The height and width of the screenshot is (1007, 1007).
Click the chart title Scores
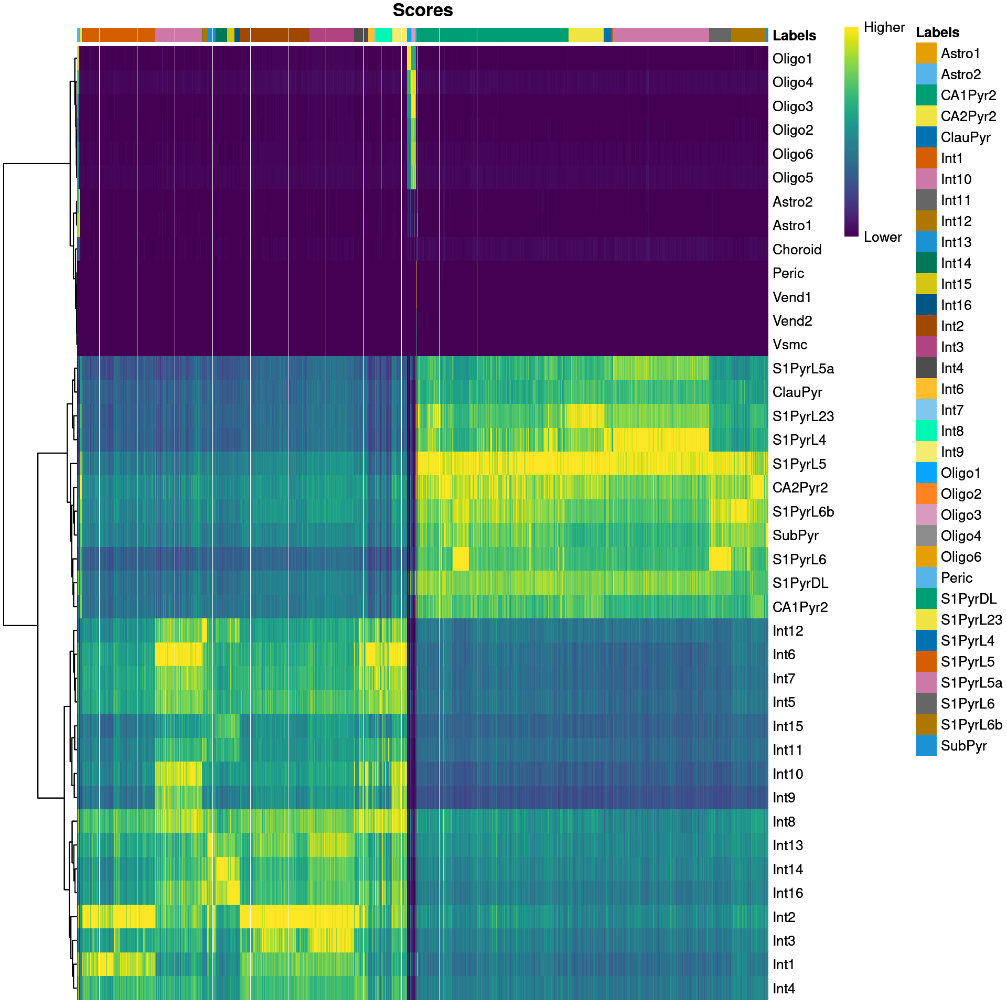point(422,10)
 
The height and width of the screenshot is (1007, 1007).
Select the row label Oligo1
point(792,59)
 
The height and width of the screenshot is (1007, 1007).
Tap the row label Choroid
point(797,250)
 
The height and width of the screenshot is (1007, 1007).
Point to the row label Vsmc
point(790,345)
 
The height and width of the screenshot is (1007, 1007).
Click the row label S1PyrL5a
point(803,369)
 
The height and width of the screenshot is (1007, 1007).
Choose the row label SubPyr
point(795,535)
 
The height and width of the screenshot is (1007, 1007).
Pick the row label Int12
point(788,631)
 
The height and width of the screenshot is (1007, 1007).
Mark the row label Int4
point(784,989)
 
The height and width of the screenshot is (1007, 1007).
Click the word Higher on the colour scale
point(884,27)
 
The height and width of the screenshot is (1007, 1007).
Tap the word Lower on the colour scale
point(883,237)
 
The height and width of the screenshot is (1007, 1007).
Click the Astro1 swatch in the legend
point(926,53)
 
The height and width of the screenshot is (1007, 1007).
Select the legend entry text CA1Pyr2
point(968,95)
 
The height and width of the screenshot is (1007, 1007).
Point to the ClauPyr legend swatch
point(926,137)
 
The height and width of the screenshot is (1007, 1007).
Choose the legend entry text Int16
point(956,305)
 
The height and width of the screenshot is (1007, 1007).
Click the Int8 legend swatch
point(926,431)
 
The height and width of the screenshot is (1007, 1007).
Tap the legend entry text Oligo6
point(961,557)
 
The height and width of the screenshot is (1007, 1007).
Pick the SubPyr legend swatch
point(926,746)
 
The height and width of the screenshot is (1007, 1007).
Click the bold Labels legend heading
point(937,33)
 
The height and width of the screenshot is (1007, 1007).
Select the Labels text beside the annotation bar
point(794,36)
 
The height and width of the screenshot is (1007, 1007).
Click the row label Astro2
point(792,202)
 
